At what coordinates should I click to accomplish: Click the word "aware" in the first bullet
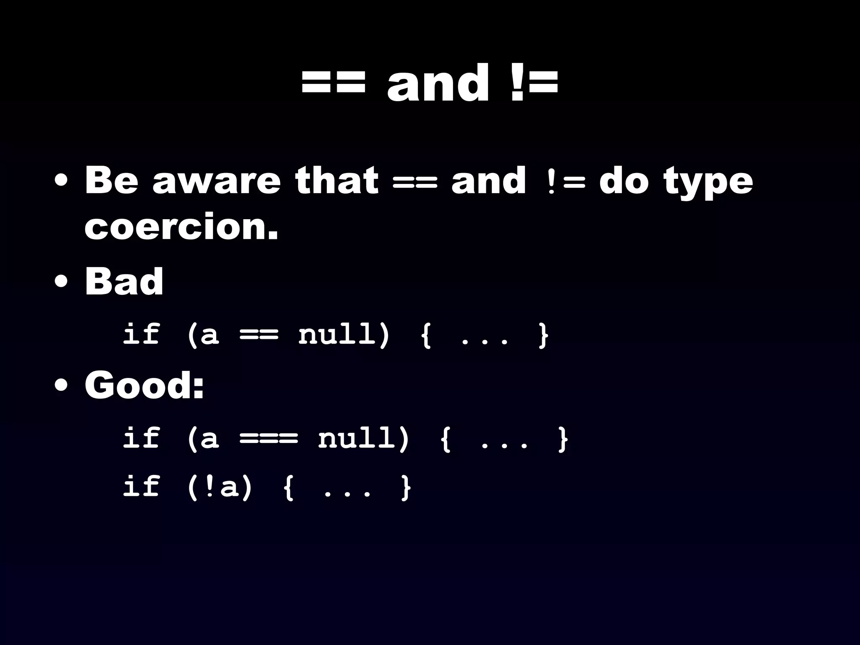216,181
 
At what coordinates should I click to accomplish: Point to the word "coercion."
181,227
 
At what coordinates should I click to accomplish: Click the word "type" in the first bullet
708,182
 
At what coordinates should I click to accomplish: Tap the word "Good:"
144,385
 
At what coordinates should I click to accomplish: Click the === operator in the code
269,439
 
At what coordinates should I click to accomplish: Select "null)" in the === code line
364,438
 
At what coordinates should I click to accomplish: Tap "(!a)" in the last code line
220,488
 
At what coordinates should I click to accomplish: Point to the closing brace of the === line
563,439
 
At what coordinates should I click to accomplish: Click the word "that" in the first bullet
336,181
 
